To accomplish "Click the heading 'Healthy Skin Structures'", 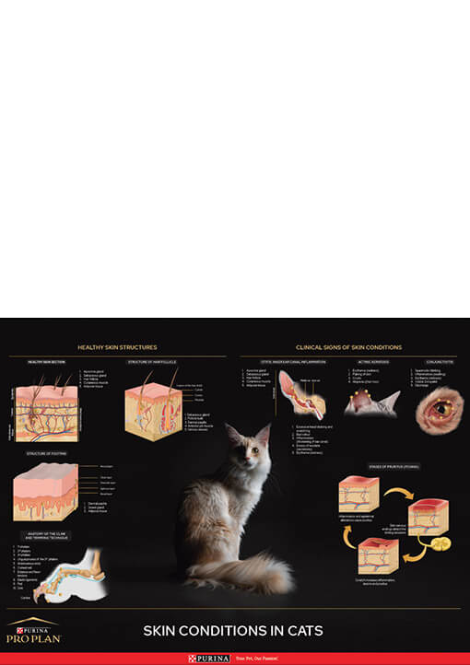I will (x=117, y=347).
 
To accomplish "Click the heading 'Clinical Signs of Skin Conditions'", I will (x=348, y=347).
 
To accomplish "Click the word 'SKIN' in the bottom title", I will (x=162, y=631).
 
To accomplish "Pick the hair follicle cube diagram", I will (x=153, y=409).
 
